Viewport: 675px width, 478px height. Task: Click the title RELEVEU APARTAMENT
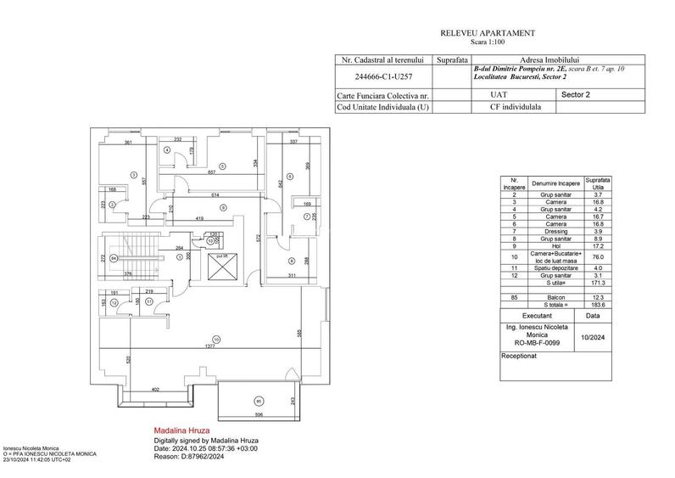(x=487, y=32)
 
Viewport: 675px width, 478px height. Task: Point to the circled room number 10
(x=216, y=340)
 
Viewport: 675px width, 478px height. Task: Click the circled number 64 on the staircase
(x=113, y=258)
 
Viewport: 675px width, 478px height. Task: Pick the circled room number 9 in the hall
(x=222, y=207)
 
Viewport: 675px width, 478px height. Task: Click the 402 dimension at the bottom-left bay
(x=155, y=389)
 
